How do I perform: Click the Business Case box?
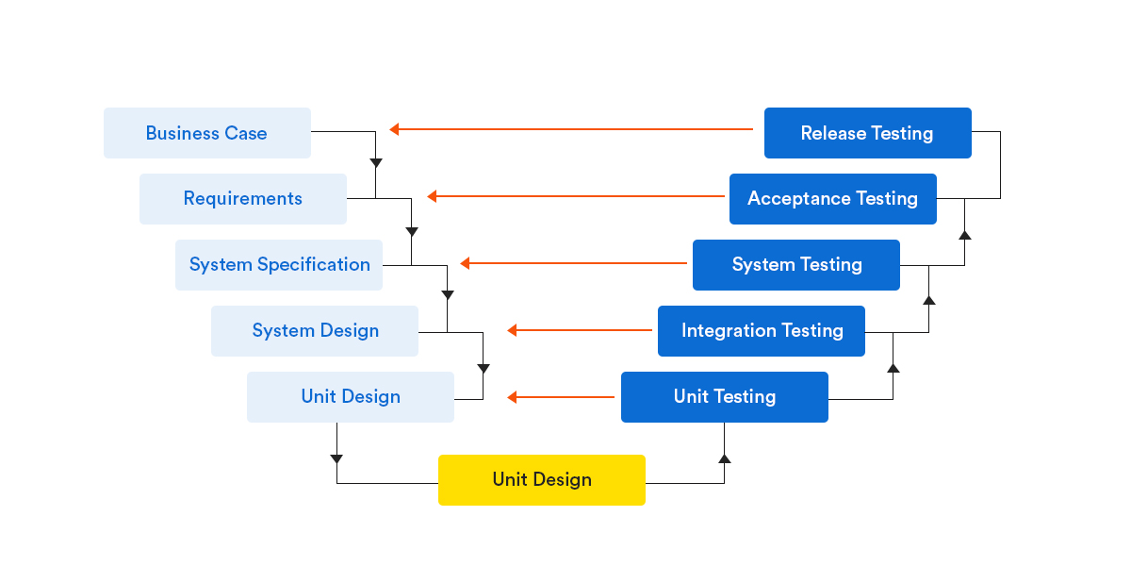(206, 133)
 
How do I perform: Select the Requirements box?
(242, 199)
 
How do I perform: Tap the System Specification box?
(279, 265)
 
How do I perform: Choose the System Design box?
(315, 331)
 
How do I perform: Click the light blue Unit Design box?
(351, 397)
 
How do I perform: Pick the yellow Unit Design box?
(542, 480)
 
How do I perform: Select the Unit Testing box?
(724, 397)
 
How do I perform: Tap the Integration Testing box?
(762, 331)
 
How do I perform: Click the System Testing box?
(796, 265)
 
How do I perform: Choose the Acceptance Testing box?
(832, 199)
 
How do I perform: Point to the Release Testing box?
(867, 133)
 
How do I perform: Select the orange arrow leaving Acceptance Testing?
(575, 196)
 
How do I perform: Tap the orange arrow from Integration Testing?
(580, 330)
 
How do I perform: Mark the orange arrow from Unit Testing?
(561, 397)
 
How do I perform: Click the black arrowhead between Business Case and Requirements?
(376, 163)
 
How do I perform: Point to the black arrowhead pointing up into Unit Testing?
(724, 458)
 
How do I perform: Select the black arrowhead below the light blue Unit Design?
(336, 459)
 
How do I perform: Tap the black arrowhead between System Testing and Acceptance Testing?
(964, 233)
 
